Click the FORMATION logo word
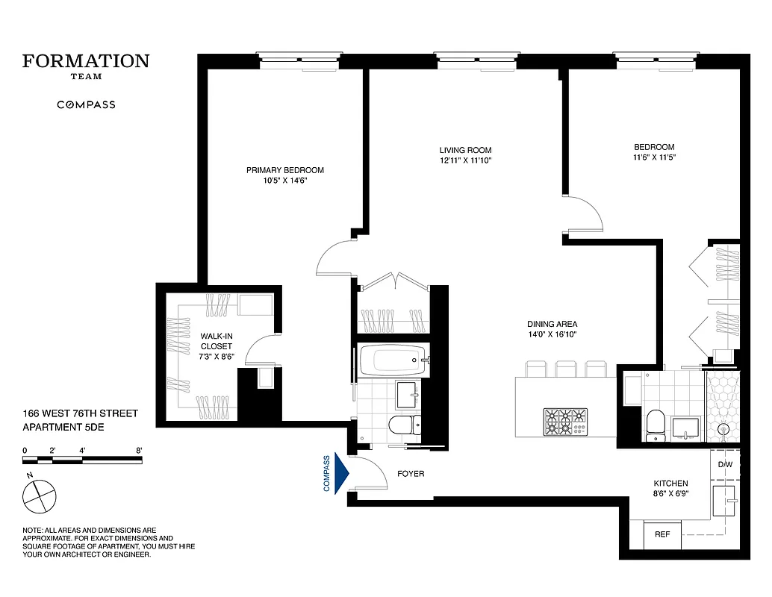click(86, 61)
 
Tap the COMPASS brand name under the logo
click(86, 105)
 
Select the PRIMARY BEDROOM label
click(285, 170)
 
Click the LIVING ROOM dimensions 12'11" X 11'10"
click(465, 161)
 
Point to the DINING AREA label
click(552, 324)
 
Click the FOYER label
click(411, 474)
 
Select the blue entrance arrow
click(343, 474)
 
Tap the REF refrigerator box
click(662, 534)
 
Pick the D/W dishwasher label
click(725, 465)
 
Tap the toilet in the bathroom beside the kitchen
click(654, 423)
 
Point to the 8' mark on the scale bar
click(140, 451)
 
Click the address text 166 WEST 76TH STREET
click(80, 413)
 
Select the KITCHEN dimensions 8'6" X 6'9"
click(670, 495)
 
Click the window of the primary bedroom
click(299, 57)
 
